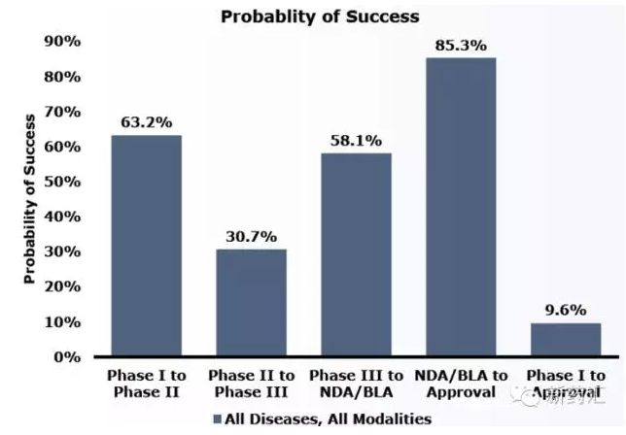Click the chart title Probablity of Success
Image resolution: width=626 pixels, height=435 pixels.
point(320,17)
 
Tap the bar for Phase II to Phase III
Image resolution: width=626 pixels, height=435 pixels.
point(251,303)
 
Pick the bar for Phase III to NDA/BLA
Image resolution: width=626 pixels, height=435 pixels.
point(356,254)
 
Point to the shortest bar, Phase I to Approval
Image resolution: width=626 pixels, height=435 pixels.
point(566,339)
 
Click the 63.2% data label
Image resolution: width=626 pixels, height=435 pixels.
point(146,122)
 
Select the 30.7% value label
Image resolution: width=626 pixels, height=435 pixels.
point(251,236)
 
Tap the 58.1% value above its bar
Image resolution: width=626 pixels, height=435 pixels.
point(356,140)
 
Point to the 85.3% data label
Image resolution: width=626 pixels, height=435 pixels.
point(461,45)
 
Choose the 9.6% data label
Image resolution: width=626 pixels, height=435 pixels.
point(566,310)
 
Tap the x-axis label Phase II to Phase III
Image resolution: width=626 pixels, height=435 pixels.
point(251,385)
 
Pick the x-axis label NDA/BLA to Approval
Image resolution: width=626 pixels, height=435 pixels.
point(461,385)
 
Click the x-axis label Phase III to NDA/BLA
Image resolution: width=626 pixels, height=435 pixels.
point(356,385)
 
